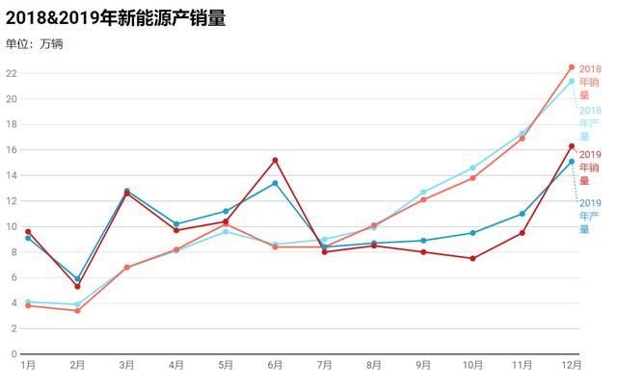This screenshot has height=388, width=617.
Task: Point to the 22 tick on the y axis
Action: [12, 73]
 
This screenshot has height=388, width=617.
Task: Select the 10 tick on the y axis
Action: [12, 226]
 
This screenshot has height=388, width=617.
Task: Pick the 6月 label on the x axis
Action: [275, 366]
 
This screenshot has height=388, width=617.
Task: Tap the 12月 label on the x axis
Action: [572, 366]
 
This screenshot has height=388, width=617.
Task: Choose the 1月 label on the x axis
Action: [28, 366]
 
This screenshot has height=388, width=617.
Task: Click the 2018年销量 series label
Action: [590, 82]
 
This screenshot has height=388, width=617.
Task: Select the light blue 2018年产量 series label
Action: [590, 123]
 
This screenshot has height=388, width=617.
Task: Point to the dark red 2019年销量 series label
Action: [590, 167]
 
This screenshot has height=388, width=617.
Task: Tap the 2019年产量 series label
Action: [590, 216]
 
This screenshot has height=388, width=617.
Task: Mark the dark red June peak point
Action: [275, 160]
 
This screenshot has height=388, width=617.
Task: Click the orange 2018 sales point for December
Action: [572, 67]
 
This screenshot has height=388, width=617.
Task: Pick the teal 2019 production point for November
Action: [523, 214]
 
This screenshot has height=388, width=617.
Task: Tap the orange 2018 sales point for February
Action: [77, 310]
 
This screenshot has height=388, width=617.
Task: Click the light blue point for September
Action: [423, 192]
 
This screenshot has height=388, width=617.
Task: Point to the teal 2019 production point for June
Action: [275, 183]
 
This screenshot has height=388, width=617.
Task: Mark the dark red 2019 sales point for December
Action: [572, 146]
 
